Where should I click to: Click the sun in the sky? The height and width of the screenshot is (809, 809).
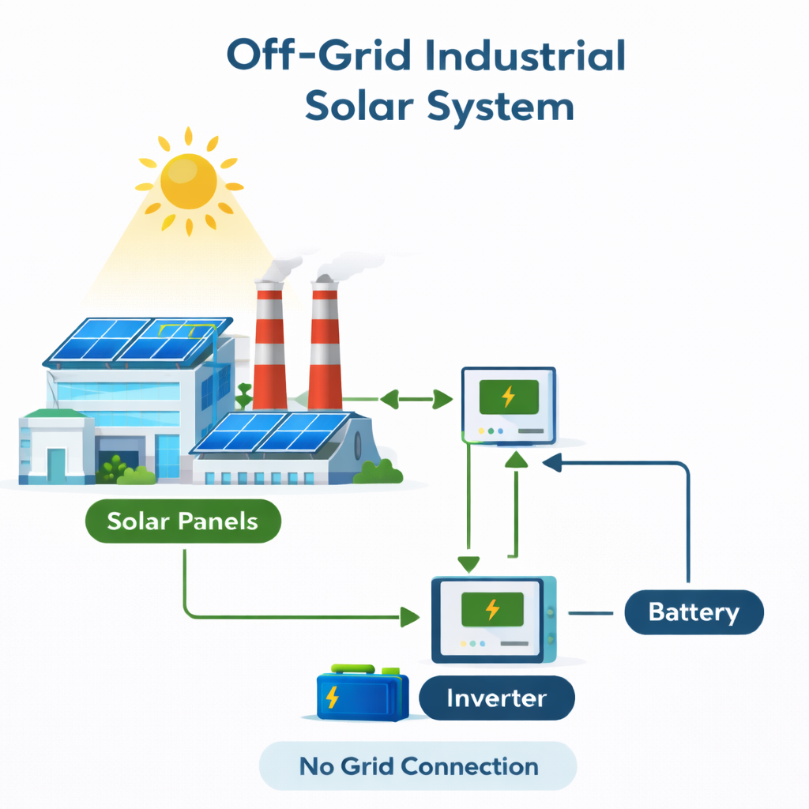[188, 181]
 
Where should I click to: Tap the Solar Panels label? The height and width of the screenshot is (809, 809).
[182, 521]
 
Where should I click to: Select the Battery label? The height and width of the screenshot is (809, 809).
[694, 612]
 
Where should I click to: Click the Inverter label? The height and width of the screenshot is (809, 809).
[496, 698]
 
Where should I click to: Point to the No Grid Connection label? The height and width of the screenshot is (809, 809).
[419, 766]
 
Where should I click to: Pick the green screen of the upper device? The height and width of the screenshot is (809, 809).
[509, 395]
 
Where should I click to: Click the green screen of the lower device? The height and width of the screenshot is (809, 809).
[492, 608]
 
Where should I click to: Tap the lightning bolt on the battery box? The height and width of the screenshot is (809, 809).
[333, 697]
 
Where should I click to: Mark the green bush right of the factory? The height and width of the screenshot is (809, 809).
[378, 472]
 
